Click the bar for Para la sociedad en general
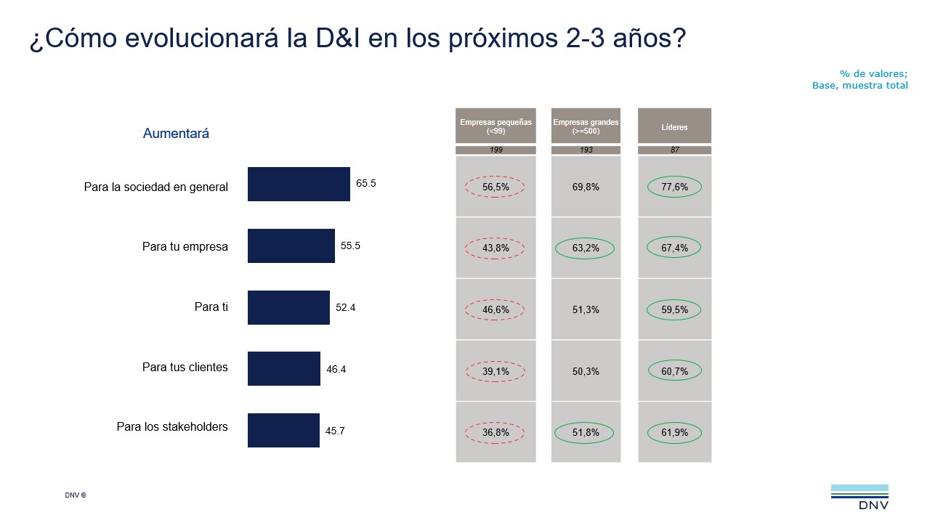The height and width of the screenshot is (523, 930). (x=299, y=185)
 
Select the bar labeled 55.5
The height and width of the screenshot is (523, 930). (x=291, y=246)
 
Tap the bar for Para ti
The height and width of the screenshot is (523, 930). (x=288, y=307)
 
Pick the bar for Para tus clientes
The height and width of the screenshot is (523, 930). (x=283, y=368)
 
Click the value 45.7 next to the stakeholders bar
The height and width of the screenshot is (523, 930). (x=335, y=431)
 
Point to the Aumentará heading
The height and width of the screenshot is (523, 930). (x=176, y=134)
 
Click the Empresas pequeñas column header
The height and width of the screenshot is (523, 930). (x=496, y=126)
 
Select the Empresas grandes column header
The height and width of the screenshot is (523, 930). (x=586, y=126)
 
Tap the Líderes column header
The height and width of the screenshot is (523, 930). (x=674, y=127)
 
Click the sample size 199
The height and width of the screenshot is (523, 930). (x=496, y=150)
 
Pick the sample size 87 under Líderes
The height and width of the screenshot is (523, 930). (x=674, y=150)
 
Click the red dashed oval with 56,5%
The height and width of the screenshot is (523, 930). (x=496, y=187)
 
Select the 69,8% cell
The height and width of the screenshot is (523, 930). (x=586, y=187)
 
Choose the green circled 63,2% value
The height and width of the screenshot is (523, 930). (x=586, y=248)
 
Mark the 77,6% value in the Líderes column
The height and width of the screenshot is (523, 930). (x=674, y=187)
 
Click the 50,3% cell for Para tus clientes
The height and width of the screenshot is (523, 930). (x=586, y=371)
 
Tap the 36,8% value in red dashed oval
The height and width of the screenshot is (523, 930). (x=496, y=433)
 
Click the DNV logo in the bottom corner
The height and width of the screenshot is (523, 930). (x=860, y=497)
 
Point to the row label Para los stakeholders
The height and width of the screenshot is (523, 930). (x=172, y=427)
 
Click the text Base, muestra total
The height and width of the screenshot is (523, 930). (x=860, y=85)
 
